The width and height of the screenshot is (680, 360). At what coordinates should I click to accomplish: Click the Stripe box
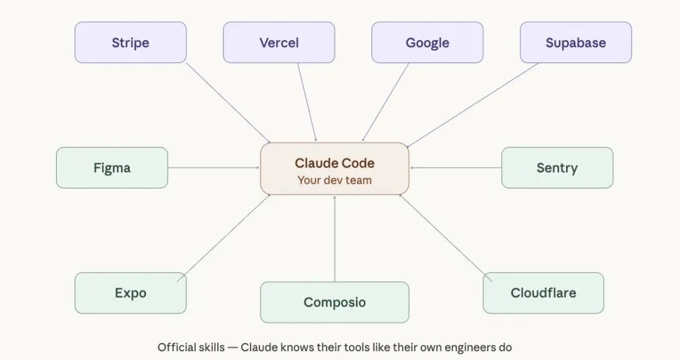130,43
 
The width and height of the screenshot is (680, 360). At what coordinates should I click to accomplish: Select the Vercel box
279,43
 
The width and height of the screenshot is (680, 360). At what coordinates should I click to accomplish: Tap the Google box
428,43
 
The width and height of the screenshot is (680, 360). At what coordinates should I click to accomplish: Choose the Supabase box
575,43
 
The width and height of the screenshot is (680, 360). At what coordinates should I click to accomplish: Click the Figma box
112,168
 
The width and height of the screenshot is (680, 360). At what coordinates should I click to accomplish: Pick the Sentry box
557,168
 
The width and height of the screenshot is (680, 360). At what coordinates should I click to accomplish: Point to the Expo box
130,293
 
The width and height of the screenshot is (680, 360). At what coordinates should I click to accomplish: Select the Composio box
334,302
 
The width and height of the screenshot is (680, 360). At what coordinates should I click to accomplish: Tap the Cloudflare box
543,293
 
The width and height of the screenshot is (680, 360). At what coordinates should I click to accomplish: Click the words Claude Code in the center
334,163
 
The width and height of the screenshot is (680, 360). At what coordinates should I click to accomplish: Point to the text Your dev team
334,180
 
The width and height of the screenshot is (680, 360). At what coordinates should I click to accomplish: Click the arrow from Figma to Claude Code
214,168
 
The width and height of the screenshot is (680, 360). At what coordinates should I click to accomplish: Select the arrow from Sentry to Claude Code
456,168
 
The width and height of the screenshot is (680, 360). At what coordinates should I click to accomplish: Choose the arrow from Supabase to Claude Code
472,104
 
